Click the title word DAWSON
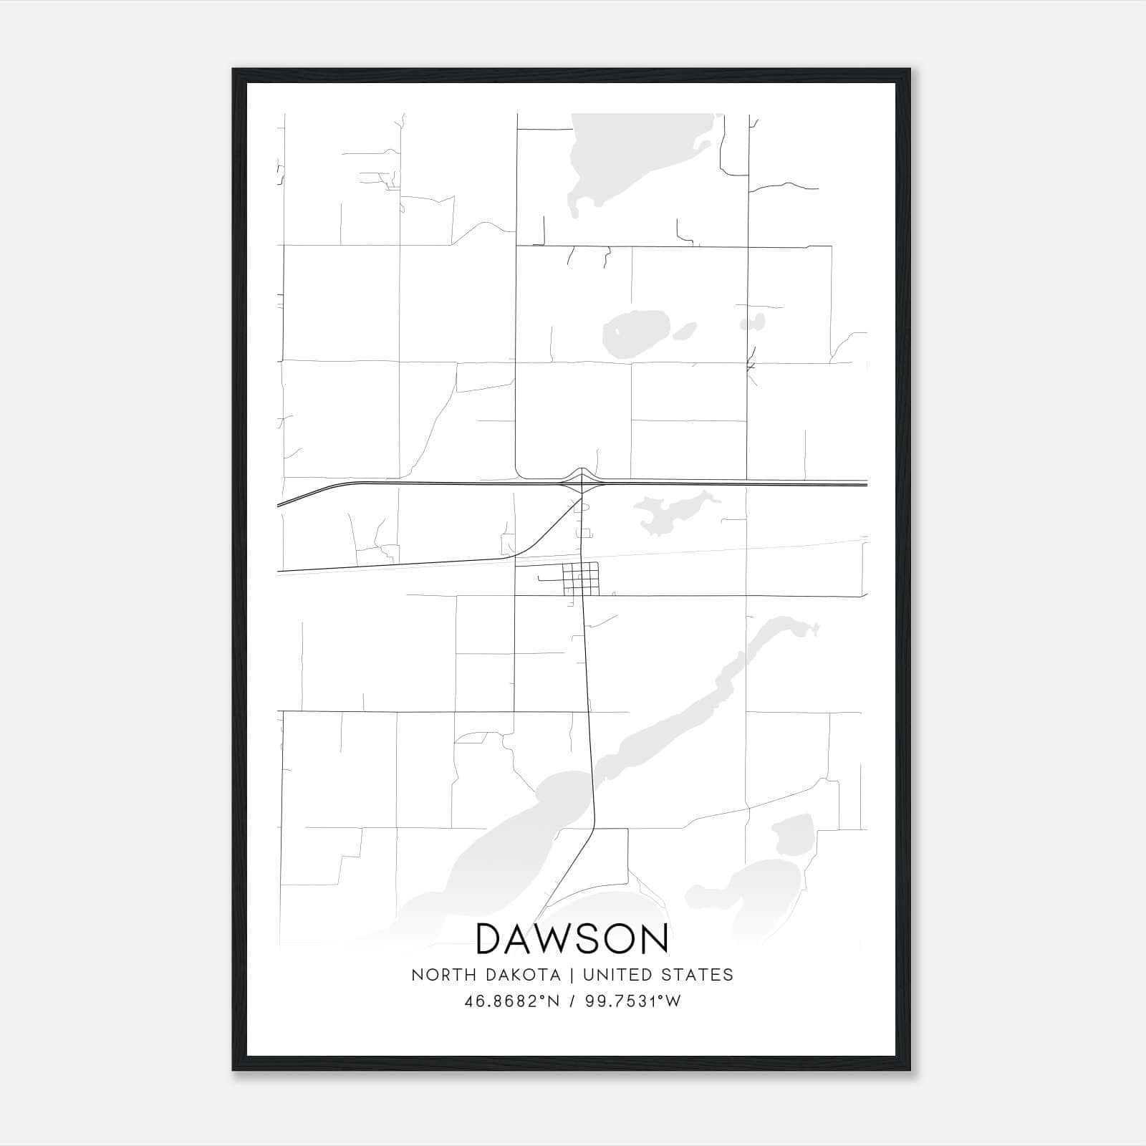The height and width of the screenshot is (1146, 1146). (x=572, y=939)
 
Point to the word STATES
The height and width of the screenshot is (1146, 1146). (x=698, y=975)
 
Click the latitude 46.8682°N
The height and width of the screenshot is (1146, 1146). (x=510, y=1001)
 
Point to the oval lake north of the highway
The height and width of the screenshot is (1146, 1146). (x=634, y=332)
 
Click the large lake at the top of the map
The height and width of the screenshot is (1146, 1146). (x=630, y=158)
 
